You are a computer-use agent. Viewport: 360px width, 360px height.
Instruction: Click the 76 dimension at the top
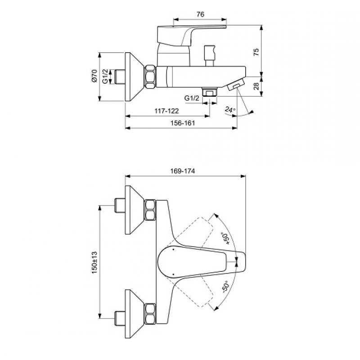click(x=200, y=14)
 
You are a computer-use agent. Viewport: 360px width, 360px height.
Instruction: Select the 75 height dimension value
click(x=256, y=52)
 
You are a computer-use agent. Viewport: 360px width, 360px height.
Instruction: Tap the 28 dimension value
click(x=256, y=86)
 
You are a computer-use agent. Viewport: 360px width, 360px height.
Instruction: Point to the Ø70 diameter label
click(x=94, y=76)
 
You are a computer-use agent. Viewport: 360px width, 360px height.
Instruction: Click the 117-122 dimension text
click(x=166, y=111)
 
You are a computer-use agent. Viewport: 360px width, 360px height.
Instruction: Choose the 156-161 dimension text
click(x=183, y=123)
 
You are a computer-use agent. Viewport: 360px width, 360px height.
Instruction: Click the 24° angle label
click(x=230, y=109)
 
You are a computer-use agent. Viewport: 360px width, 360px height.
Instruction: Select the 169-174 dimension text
click(x=183, y=171)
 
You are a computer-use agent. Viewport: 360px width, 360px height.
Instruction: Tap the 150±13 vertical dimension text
click(x=94, y=262)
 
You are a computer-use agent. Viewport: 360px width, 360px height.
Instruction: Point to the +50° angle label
click(x=226, y=238)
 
